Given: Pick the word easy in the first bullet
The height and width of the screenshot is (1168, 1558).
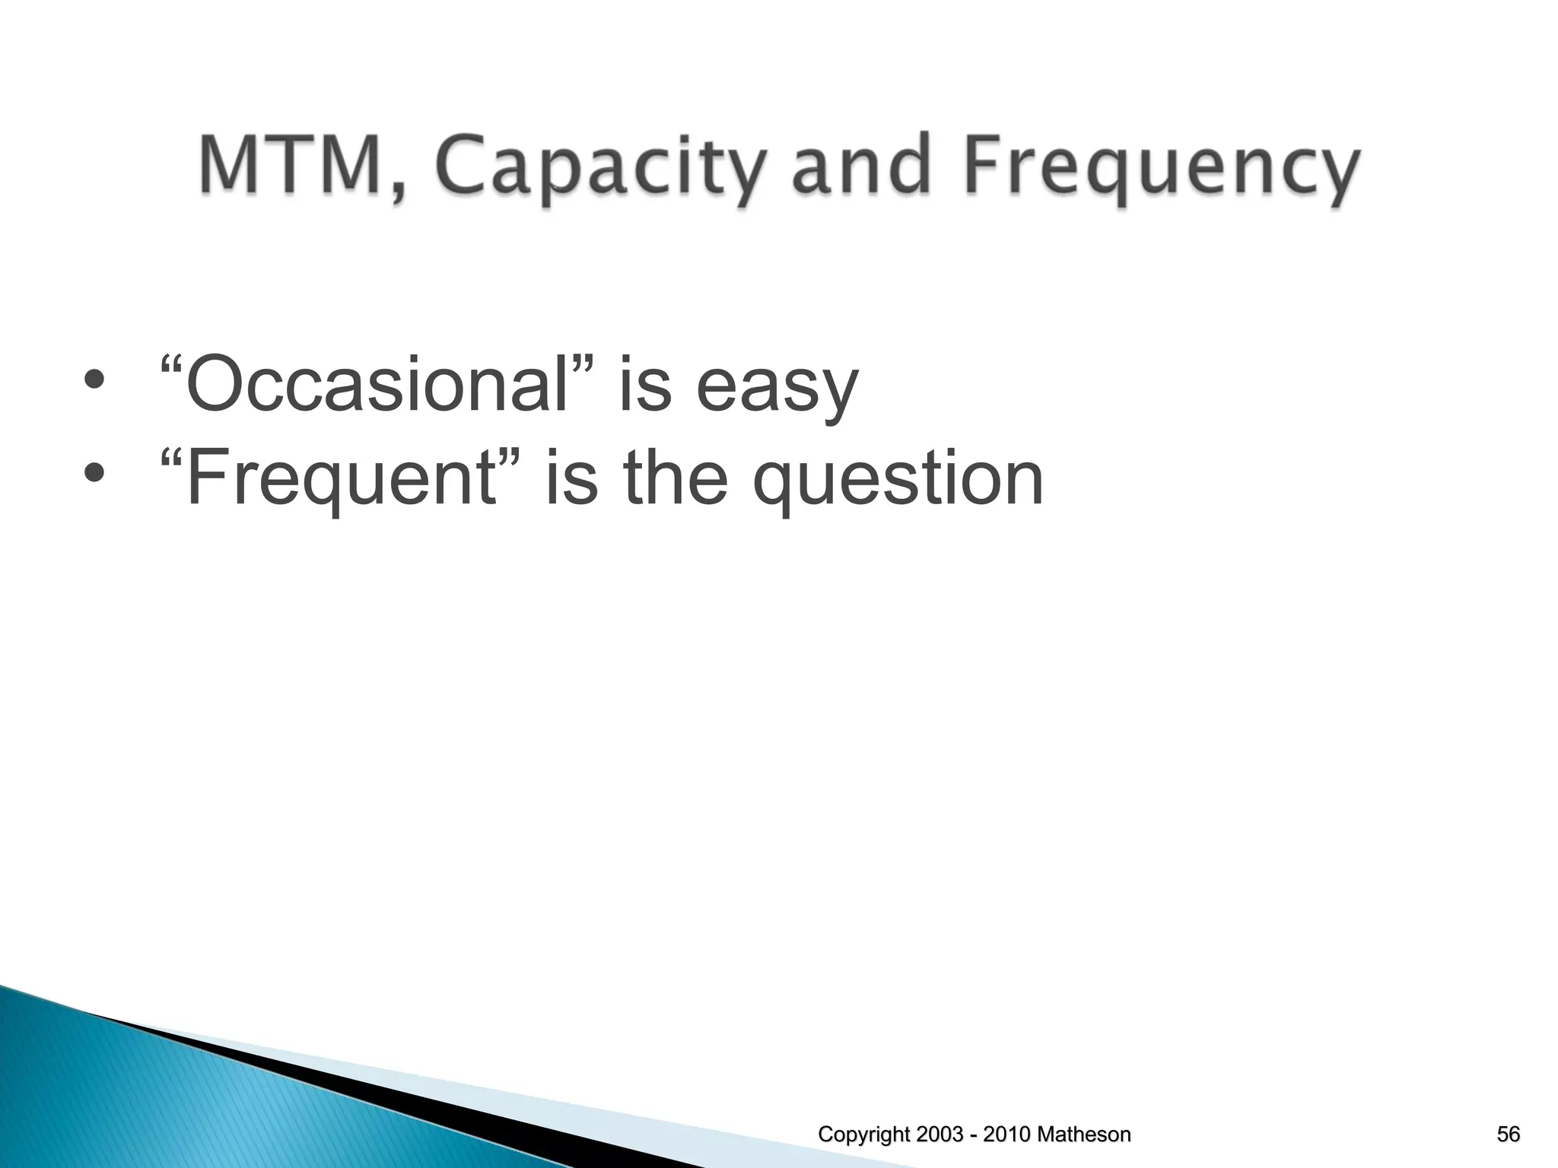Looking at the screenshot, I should (777, 388).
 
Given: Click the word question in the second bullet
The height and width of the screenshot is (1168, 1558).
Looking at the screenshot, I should (898, 481).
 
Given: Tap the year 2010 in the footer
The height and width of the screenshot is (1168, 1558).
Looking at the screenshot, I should (1008, 1135).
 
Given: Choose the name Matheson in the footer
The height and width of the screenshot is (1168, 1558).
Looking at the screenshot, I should (1083, 1135).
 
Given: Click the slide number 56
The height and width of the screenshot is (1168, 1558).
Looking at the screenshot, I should (1508, 1135).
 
